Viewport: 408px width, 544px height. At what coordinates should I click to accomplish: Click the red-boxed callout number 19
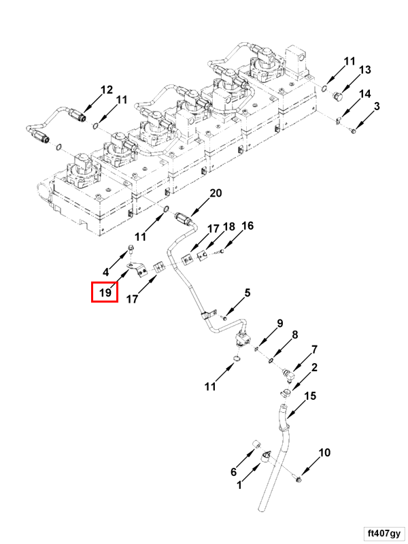[105, 292]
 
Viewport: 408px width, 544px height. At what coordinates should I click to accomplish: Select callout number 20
[216, 193]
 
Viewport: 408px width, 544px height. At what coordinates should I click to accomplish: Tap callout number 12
[107, 90]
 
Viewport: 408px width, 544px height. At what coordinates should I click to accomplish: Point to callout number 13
[365, 70]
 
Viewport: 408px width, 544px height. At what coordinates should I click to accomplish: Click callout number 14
[365, 94]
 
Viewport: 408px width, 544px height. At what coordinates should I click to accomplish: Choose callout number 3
[377, 106]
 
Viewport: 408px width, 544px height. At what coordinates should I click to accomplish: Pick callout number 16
[248, 226]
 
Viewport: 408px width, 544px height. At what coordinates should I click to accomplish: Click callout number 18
[229, 227]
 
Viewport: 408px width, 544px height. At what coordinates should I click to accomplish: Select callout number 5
[247, 292]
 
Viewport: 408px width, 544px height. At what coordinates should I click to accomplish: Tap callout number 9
[280, 323]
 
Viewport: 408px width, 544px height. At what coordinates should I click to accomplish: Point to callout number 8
[294, 335]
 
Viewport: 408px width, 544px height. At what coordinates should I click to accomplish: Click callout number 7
[314, 350]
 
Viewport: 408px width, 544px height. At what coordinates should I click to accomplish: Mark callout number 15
[310, 396]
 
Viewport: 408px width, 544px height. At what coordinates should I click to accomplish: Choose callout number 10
[324, 452]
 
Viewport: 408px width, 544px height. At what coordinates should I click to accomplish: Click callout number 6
[233, 471]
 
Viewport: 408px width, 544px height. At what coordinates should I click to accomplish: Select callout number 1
[239, 485]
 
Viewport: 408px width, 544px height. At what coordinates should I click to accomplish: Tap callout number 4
[106, 271]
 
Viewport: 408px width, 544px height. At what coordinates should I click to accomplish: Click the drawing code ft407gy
[384, 533]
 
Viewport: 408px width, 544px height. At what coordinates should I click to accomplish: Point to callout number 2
[314, 367]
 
